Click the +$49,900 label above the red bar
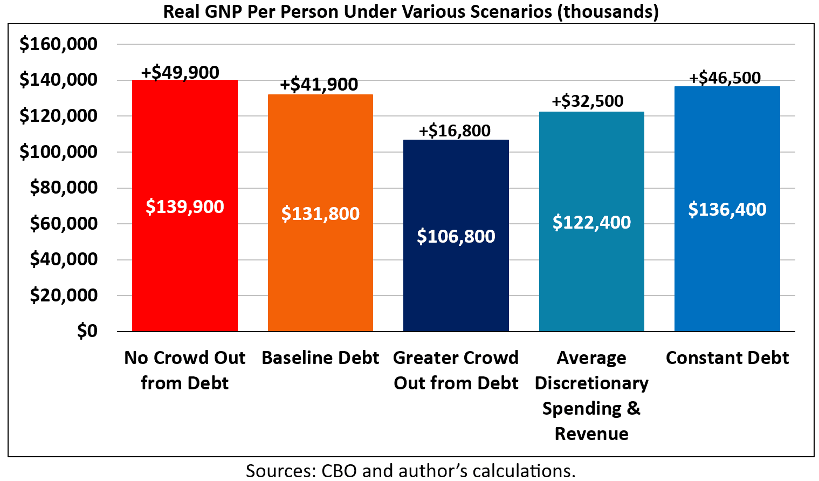point(180,72)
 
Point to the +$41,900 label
point(319,85)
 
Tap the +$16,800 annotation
point(455,130)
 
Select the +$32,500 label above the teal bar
point(587,101)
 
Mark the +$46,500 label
point(725,78)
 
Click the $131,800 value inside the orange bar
point(320,214)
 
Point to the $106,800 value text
point(456,236)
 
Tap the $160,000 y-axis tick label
point(58,44)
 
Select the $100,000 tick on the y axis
point(58,152)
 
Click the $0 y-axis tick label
point(87,331)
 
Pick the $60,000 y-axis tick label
point(64,223)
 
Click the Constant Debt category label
point(727,358)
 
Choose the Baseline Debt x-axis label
point(320,358)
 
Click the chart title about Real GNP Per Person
point(411,11)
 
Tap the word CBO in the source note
point(339,471)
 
